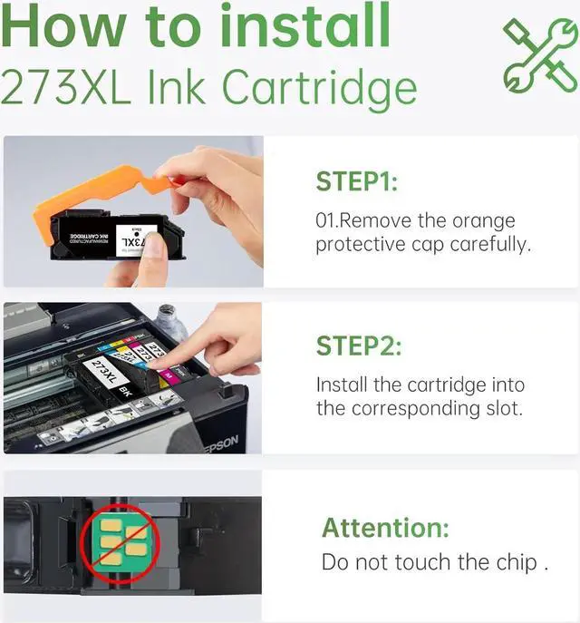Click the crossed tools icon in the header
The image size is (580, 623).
click(x=541, y=55)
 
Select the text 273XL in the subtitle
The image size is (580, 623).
click(x=66, y=87)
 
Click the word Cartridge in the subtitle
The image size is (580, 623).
click(x=320, y=91)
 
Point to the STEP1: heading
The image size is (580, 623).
click(x=356, y=181)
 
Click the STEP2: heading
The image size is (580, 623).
click(x=359, y=346)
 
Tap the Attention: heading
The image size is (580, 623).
click(x=385, y=528)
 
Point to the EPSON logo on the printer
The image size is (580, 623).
click(x=223, y=444)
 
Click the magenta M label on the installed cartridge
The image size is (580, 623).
click(x=169, y=374)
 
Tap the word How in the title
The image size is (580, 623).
click(x=63, y=26)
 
